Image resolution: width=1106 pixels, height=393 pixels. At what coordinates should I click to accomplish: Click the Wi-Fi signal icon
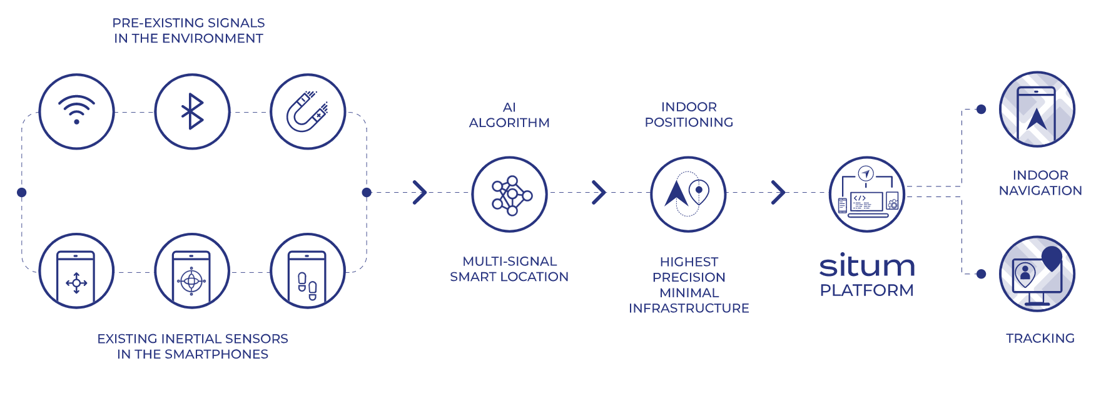tap(76, 111)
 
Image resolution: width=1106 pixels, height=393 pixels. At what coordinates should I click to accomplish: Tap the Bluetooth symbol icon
tap(192, 111)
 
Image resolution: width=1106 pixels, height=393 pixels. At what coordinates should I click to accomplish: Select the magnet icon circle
tap(308, 111)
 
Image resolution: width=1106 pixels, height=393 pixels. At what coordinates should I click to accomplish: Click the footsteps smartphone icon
tap(308, 272)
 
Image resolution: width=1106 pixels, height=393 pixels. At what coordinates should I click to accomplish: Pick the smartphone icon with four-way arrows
tap(76, 272)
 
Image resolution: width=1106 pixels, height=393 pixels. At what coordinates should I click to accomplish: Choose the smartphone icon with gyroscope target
tap(192, 272)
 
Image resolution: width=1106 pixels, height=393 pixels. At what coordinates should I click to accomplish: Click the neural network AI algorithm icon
tap(509, 194)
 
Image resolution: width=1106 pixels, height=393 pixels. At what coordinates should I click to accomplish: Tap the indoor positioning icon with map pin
tap(688, 194)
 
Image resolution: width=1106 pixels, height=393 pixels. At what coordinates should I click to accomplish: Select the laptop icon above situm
tap(867, 194)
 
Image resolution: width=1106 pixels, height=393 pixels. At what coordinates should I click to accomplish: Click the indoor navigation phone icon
tap(1037, 110)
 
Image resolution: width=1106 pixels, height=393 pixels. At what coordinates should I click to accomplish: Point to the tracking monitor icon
tap(1037, 273)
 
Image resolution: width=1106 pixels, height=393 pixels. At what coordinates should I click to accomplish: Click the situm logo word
tap(867, 266)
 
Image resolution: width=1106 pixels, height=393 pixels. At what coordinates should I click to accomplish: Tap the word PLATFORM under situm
tap(867, 290)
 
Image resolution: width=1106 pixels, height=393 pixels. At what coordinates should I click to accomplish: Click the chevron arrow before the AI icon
tap(420, 192)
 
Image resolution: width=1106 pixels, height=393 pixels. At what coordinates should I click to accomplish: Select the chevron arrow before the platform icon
tap(778, 192)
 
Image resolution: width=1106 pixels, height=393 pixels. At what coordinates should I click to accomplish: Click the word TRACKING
tap(1040, 339)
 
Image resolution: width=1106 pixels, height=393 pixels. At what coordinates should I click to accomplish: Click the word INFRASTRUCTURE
tap(689, 309)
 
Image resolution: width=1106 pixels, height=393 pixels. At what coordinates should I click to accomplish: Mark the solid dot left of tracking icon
tap(981, 273)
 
